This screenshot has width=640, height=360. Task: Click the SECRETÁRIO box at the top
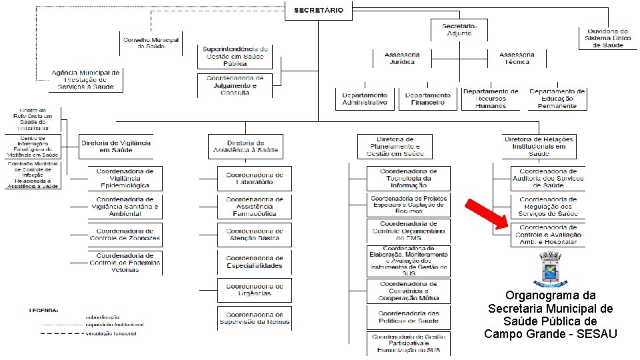pos(319,10)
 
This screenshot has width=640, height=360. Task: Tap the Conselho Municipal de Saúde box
pos(151,42)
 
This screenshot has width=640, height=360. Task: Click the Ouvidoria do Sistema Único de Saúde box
pos(607,38)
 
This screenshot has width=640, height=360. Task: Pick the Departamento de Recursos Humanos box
pos(491,99)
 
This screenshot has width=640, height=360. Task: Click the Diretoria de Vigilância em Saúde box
pos(116,146)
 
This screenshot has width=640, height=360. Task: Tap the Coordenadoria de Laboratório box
pos(254,178)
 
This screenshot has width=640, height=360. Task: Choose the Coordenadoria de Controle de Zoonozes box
pos(125,234)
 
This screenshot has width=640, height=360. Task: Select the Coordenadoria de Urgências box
pos(254,290)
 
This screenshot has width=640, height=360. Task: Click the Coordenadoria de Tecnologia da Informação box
pos(409,178)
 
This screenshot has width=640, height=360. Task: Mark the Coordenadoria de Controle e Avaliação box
pos(548,234)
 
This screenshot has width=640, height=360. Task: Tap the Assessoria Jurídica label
pos(402,58)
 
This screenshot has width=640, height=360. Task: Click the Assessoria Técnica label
pos(517,58)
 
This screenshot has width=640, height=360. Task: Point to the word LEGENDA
pos(43,311)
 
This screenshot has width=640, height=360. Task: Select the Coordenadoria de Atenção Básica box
pos(254,234)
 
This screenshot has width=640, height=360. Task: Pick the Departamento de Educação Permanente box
pos(557,99)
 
